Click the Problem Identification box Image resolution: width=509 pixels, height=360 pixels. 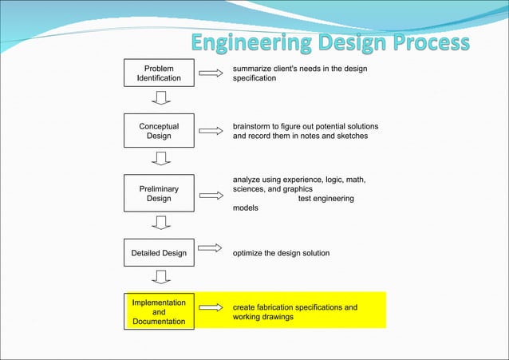point(159,73)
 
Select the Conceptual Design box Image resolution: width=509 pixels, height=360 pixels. point(159,131)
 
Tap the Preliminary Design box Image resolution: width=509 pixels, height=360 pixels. point(159,194)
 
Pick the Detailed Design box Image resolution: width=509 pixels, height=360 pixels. point(159,253)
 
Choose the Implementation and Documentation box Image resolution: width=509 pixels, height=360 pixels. point(159,312)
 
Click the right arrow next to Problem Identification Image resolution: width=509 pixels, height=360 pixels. point(210,73)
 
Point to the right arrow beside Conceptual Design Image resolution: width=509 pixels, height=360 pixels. point(210,131)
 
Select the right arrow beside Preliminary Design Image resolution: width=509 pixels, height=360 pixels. point(210,195)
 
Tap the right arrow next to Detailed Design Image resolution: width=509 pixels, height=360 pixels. point(210,248)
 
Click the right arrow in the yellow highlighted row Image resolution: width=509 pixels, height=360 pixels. point(210,307)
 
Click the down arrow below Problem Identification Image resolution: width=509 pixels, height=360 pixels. point(161,98)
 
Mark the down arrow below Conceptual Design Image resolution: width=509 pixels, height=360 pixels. point(161,158)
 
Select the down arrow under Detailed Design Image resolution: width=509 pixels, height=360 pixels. point(161,277)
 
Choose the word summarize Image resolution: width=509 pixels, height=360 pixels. point(254,69)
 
